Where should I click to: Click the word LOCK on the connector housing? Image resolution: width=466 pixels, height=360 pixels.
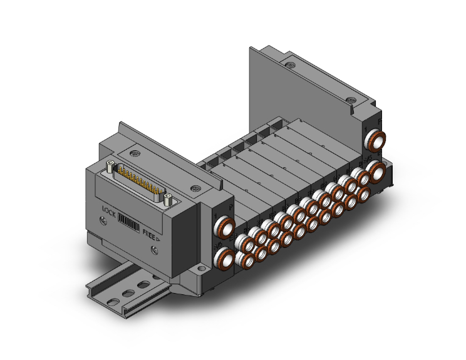pyautogui.click(x=109, y=212)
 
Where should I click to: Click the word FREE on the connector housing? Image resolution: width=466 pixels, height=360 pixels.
pyautogui.click(x=149, y=234)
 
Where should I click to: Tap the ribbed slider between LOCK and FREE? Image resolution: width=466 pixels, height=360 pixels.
pyautogui.click(x=128, y=222)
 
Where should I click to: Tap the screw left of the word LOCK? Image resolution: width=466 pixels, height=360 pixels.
pyautogui.click(x=103, y=220)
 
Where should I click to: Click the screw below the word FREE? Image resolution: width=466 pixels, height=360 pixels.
pyautogui.click(x=155, y=250)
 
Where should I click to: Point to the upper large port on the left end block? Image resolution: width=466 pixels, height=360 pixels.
pyautogui.click(x=224, y=227)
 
